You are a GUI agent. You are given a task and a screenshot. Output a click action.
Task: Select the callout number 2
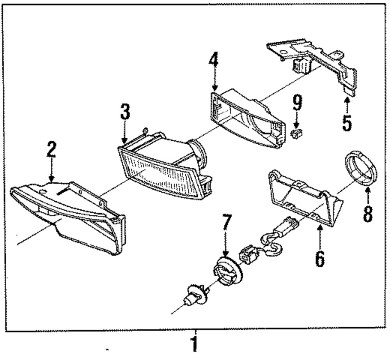51,149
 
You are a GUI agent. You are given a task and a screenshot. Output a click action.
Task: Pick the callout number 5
347,122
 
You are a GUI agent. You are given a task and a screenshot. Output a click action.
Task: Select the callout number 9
298,103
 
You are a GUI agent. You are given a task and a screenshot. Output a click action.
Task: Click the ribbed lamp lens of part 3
160,174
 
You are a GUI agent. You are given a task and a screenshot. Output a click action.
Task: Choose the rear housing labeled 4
246,117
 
